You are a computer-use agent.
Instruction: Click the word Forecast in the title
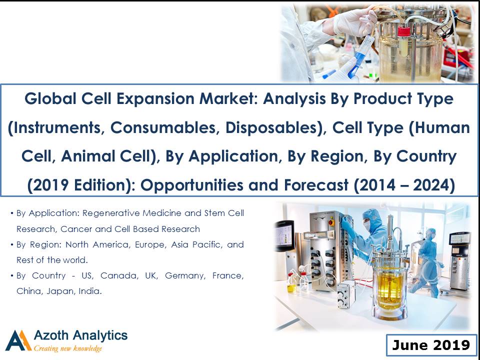(316, 185)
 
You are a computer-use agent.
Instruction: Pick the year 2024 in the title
(431, 185)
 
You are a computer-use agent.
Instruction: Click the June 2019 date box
(431, 345)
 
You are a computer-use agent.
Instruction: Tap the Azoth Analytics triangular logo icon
(18, 340)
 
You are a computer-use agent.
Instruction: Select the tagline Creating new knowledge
(67, 348)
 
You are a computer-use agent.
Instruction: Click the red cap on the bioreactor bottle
(403, 31)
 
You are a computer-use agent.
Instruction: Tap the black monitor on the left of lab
(284, 235)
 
